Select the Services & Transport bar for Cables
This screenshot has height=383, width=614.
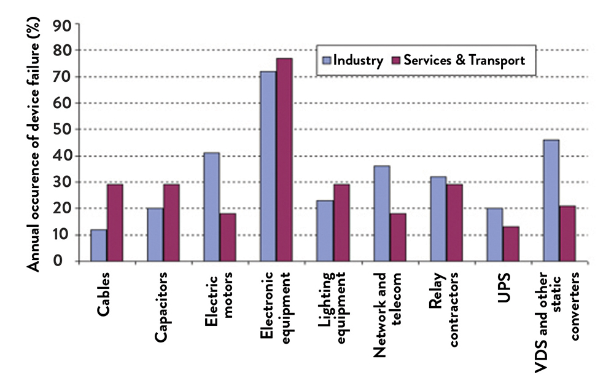point(114,223)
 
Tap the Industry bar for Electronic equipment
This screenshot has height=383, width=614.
point(268,166)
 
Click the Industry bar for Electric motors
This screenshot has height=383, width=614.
point(211,207)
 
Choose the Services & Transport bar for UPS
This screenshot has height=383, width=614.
point(511,244)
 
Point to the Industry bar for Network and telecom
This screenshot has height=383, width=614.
point(381,213)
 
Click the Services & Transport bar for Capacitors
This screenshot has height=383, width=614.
point(171,223)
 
